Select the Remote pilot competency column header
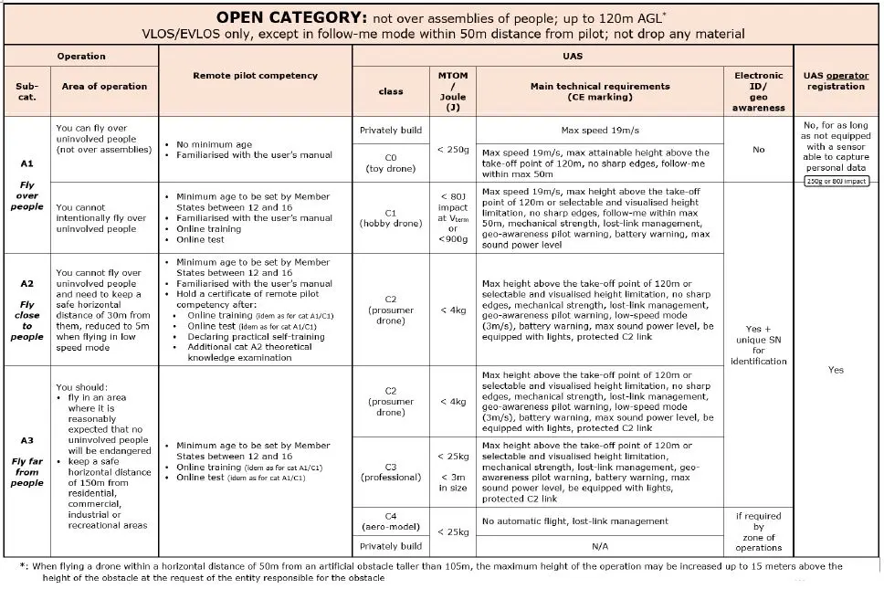pos(256,76)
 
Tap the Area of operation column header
pos(104,87)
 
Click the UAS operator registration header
pos(835,80)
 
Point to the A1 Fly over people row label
pos(27,185)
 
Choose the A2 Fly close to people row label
pos(27,310)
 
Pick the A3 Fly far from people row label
pos(27,461)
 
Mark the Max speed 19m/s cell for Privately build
pos(599,130)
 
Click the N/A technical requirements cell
pos(599,546)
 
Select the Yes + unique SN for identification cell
pos(758,344)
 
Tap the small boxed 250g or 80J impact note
pos(835,181)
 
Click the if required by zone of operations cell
pos(758,531)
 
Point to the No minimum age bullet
pos(209,144)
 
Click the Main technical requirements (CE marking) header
pos(599,91)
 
